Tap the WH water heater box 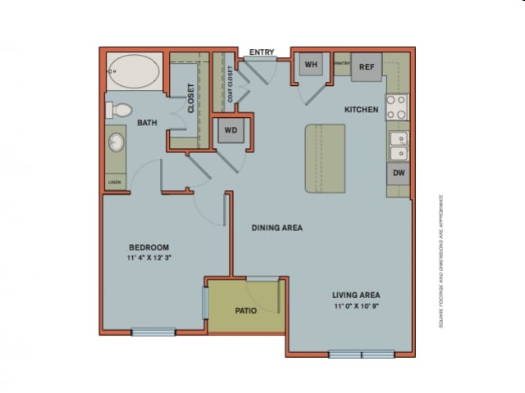coord(312,65)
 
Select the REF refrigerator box coord(367,68)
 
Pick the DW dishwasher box coord(398,173)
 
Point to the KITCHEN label coord(360,109)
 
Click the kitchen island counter coord(325,159)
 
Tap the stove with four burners coord(397,106)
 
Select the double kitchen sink coord(398,146)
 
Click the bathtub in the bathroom coord(135,72)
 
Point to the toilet coord(121,108)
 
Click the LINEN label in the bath coord(115,182)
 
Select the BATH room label coord(147,124)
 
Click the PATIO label coord(247,310)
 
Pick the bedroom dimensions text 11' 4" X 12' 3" coord(148,258)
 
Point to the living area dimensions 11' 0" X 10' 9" coord(355,305)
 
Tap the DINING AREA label coord(276,228)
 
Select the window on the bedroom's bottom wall coord(153,332)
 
